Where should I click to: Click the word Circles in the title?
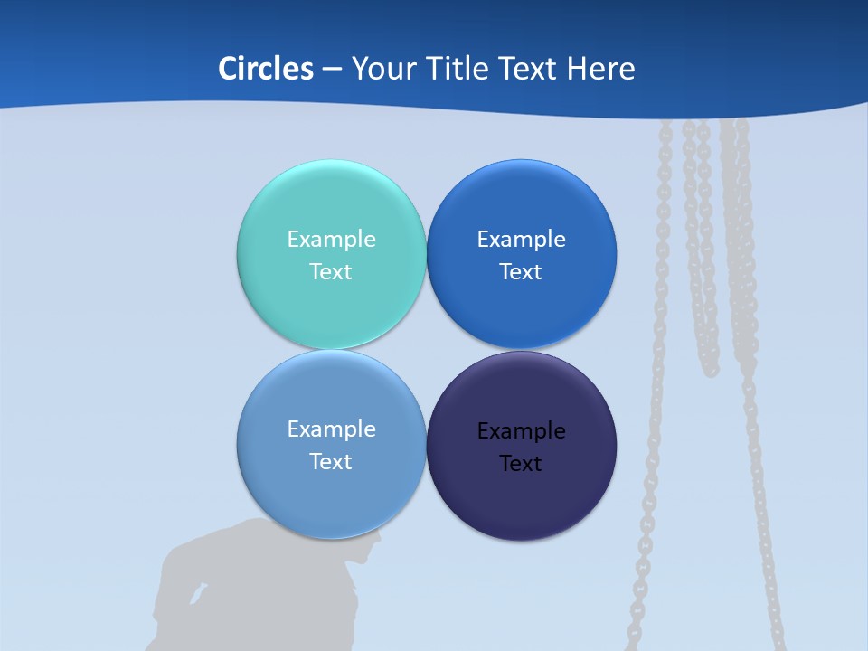[x=265, y=69]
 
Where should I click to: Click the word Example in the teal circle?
[x=331, y=240]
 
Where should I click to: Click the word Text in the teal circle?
[x=331, y=272]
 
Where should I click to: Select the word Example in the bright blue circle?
[x=521, y=240]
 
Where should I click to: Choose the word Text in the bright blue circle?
[x=521, y=272]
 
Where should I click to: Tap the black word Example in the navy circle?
[x=521, y=431]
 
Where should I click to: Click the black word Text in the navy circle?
[x=521, y=464]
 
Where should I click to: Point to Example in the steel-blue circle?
[x=331, y=429]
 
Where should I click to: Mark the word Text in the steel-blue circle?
[x=331, y=462]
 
